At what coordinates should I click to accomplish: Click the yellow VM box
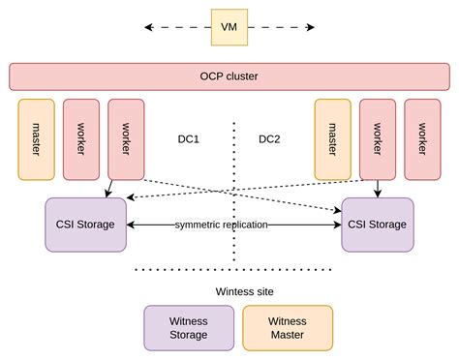(x=229, y=27)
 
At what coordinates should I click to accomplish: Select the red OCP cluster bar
(x=229, y=76)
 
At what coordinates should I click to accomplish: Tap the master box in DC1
(x=36, y=138)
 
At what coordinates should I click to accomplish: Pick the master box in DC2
(x=332, y=138)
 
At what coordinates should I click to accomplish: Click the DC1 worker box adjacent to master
(x=81, y=138)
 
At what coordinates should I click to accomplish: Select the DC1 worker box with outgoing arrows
(x=126, y=138)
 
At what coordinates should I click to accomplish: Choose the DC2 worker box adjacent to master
(x=378, y=138)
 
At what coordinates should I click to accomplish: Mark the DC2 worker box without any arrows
(x=422, y=138)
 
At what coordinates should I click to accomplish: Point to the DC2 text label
(x=269, y=139)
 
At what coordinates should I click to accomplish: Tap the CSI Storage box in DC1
(x=85, y=225)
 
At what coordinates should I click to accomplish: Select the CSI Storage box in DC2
(x=378, y=225)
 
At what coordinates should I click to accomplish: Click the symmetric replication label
(x=222, y=225)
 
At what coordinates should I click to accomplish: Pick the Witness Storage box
(x=188, y=327)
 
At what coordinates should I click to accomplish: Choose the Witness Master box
(x=287, y=327)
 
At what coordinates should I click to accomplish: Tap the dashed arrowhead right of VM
(x=311, y=27)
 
